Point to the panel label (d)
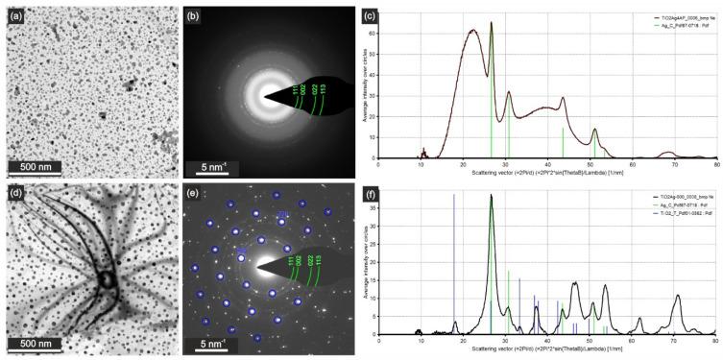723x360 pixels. (15, 192)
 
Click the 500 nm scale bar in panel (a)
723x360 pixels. (42, 161)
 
